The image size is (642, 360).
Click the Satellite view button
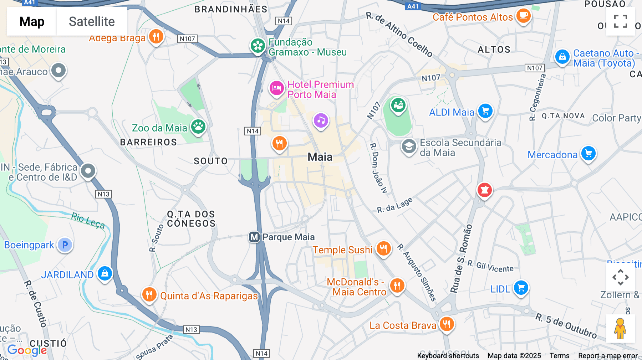point(92,21)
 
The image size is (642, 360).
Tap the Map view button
point(32,21)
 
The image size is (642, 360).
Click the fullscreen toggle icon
point(620,21)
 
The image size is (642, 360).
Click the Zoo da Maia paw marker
point(198,126)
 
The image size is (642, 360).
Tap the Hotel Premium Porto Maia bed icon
point(276,88)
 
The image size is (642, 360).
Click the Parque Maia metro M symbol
point(254,237)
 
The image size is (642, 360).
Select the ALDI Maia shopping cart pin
point(485,111)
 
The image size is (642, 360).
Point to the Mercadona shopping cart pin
point(588,153)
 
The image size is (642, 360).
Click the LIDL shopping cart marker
point(521,288)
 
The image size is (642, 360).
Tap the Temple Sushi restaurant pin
point(383,248)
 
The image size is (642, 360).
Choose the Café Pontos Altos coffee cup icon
point(523,16)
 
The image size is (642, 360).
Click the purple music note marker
point(321,120)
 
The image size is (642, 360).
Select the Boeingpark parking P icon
point(65,245)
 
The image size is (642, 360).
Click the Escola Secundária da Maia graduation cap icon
point(409,146)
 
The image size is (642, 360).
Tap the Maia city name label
point(320,157)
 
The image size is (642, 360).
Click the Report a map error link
point(608,356)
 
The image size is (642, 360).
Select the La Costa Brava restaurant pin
point(447,324)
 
